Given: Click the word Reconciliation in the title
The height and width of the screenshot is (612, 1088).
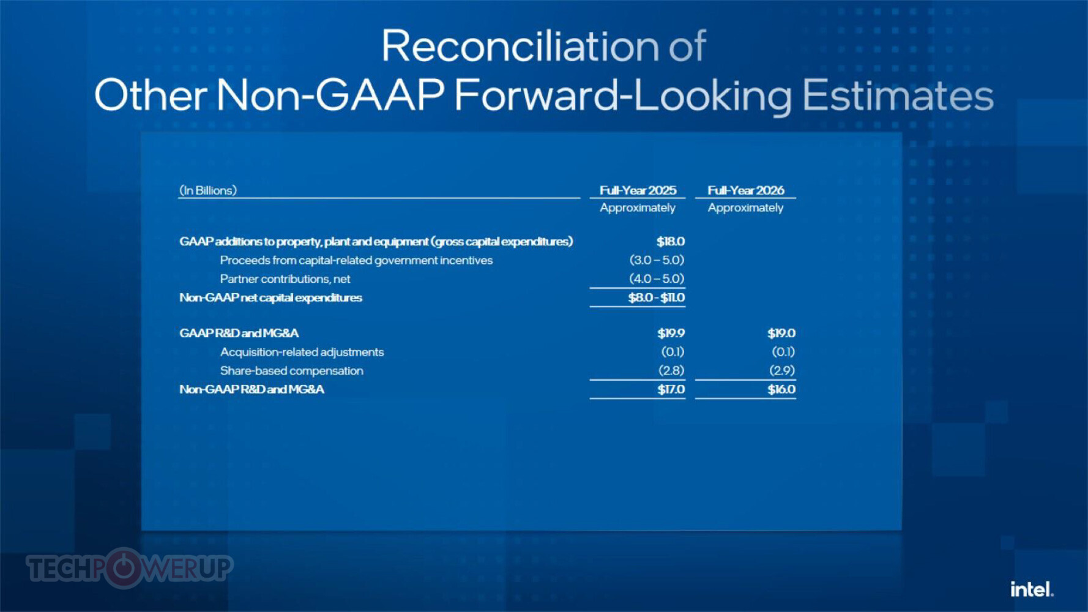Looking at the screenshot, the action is (x=520, y=46).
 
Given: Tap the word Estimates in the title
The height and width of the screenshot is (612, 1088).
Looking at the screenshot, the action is (x=898, y=95).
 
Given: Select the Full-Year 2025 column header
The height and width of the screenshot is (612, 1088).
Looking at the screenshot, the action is (x=638, y=190).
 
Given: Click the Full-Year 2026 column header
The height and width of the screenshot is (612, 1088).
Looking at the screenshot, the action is (x=746, y=190).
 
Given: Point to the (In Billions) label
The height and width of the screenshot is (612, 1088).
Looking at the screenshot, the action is (x=208, y=190).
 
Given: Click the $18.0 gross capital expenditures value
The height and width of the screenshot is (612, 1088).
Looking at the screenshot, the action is (x=670, y=242).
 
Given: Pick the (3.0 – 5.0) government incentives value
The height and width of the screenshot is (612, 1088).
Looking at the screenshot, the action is (x=657, y=260).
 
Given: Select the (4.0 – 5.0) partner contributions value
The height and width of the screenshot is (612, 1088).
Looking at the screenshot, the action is (x=657, y=278).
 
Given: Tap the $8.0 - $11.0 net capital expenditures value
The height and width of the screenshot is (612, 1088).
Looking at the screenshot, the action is (x=656, y=297).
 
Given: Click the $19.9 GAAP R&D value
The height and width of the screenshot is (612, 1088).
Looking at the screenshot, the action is (x=671, y=333).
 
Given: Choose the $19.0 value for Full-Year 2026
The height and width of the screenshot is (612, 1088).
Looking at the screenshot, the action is (x=781, y=333).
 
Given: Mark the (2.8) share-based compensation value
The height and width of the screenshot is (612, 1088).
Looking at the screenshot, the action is (x=671, y=370).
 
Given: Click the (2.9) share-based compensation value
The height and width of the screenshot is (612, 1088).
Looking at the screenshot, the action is (x=782, y=370).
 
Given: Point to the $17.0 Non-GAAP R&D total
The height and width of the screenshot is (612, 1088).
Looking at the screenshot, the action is (x=671, y=389).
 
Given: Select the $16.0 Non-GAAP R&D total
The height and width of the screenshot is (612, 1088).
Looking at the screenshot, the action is (x=781, y=389).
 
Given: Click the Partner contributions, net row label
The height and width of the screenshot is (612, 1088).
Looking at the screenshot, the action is (x=285, y=279).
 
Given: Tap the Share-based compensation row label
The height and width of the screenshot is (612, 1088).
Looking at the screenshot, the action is (x=292, y=371).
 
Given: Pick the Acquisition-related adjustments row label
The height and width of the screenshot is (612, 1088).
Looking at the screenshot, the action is (x=302, y=352).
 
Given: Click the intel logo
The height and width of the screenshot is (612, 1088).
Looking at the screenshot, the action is (x=1032, y=589).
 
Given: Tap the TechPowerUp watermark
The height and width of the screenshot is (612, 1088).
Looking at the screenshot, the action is (x=130, y=568).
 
